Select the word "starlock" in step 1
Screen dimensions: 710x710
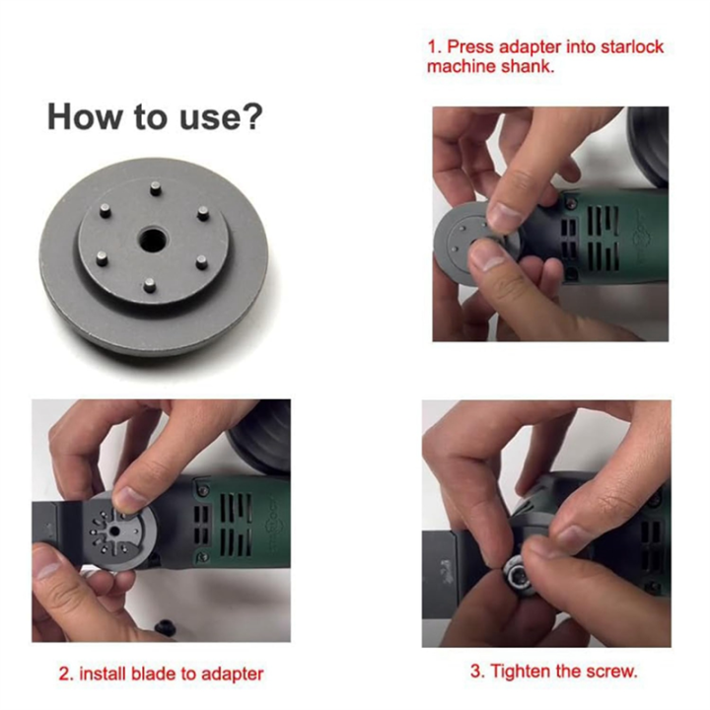[x=627, y=46]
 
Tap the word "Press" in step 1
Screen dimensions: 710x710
[x=470, y=46]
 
